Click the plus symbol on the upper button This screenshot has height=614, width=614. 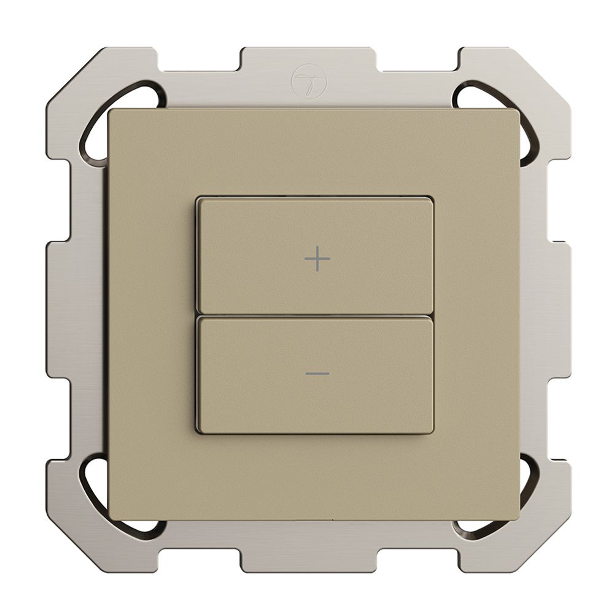click(x=317, y=260)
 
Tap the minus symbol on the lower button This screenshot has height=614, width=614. click(x=317, y=374)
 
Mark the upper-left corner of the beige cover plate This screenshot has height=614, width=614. click(x=110, y=111)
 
